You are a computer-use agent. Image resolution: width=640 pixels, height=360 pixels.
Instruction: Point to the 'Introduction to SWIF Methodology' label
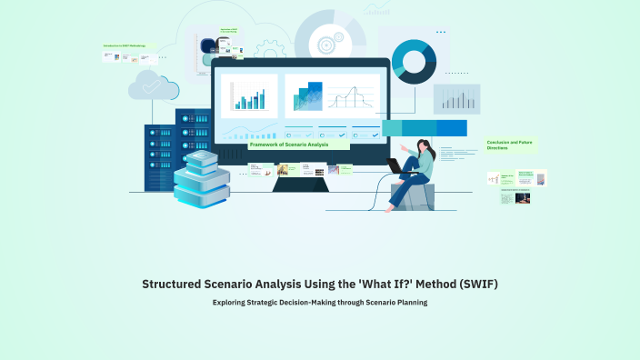[125, 45]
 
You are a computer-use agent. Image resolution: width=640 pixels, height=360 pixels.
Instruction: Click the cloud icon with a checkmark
[154, 85]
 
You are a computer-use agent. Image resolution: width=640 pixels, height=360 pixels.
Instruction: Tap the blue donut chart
[414, 60]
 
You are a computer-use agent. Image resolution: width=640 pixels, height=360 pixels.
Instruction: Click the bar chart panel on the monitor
[248, 95]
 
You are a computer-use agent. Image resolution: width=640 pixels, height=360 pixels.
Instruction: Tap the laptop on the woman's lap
[396, 166]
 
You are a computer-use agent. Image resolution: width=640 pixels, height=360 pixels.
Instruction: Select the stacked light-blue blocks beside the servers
[201, 179]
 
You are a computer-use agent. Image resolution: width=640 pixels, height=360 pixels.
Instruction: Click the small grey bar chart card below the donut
[456, 98]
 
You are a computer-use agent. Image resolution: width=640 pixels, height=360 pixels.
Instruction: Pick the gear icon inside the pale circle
[325, 42]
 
